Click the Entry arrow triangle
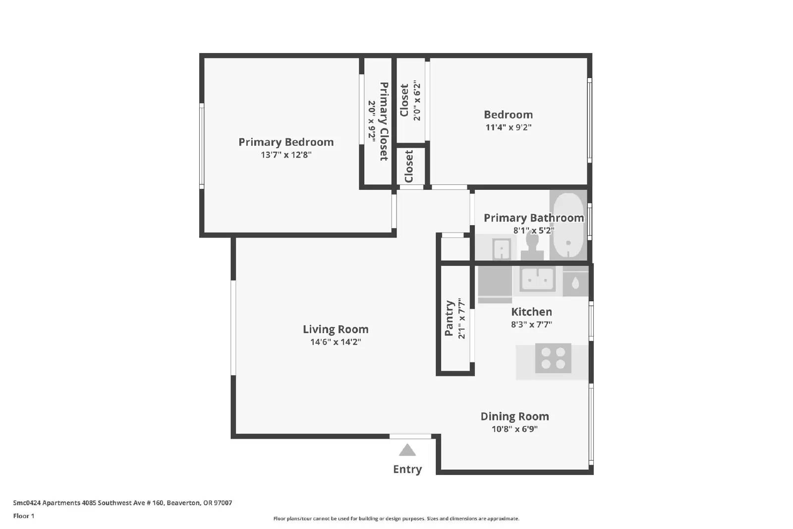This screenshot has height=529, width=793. pyautogui.click(x=407, y=450)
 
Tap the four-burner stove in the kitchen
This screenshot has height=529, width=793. pyautogui.click(x=553, y=358)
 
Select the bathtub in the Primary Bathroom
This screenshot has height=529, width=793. pyautogui.click(x=568, y=225)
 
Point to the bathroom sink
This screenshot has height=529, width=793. pyautogui.click(x=501, y=248)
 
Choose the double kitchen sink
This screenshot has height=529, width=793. pyautogui.click(x=538, y=280)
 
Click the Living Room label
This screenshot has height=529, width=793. pyautogui.click(x=336, y=329)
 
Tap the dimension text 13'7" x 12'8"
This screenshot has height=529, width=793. pyautogui.click(x=286, y=155)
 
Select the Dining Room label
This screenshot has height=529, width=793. pyautogui.click(x=515, y=416)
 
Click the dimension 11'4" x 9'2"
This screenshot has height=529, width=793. pyautogui.click(x=509, y=127)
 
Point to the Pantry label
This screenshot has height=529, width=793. pyautogui.click(x=449, y=318)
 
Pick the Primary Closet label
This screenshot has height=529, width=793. pyautogui.click(x=384, y=121)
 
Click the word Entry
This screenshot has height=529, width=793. pyautogui.click(x=407, y=469)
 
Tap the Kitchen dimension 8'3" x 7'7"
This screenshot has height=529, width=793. pyautogui.click(x=531, y=324)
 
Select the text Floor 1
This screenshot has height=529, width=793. pyautogui.click(x=24, y=516)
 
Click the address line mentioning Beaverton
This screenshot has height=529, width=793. pyautogui.click(x=122, y=503)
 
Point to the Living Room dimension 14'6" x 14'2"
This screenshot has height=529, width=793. pyautogui.click(x=336, y=342)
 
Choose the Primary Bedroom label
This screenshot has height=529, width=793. pyautogui.click(x=286, y=142)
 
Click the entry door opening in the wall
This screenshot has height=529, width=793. pyautogui.click(x=410, y=436)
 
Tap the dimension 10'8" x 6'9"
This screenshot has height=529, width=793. pyautogui.click(x=515, y=429)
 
